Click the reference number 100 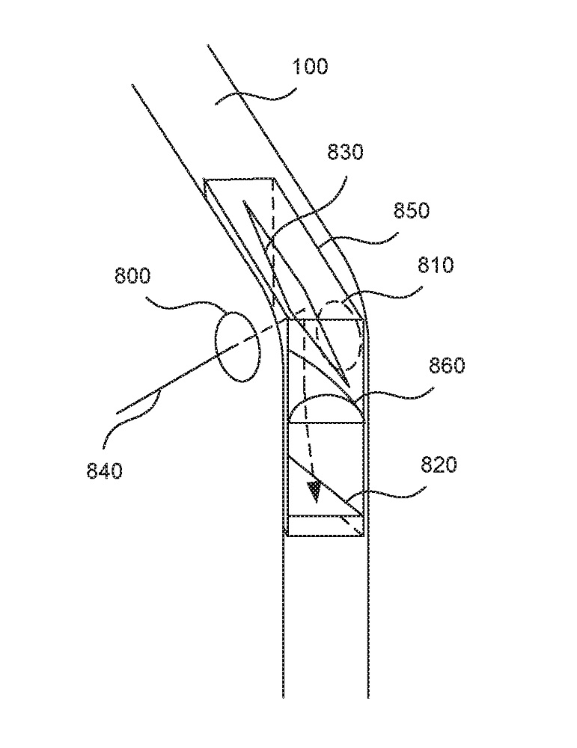point(310,67)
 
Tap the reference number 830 point(345,152)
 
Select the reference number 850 point(412,210)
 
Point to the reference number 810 point(436,265)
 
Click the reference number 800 point(132,276)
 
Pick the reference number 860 point(447,366)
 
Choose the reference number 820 point(439,465)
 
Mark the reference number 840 point(105,470)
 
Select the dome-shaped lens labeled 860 point(327,396)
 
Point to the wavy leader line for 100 point(255,96)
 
